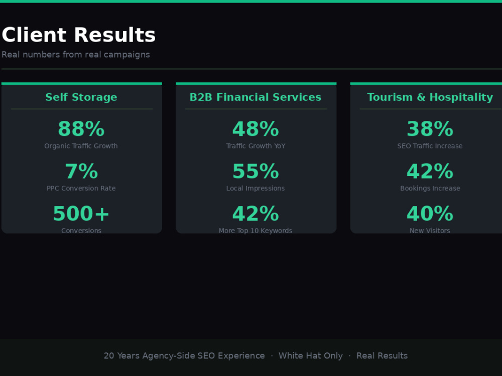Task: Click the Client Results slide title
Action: click(x=78, y=35)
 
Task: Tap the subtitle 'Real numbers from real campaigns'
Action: click(x=76, y=55)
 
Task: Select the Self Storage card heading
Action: click(x=81, y=97)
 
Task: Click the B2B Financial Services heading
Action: click(x=256, y=97)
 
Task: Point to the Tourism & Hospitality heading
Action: click(x=430, y=97)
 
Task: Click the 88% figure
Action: click(x=81, y=129)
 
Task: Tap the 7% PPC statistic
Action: click(x=81, y=171)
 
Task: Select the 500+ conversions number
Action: click(x=81, y=214)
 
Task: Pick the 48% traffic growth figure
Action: click(x=256, y=129)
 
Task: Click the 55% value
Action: click(x=256, y=171)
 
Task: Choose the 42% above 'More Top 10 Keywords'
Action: click(x=256, y=214)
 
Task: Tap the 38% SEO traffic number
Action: click(x=430, y=129)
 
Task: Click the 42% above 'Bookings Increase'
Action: click(x=430, y=171)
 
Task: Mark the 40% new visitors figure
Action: click(x=430, y=214)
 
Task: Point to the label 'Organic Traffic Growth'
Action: click(x=81, y=146)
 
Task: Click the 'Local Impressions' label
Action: click(x=256, y=189)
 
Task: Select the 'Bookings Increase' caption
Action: click(x=430, y=189)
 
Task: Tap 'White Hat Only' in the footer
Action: click(x=311, y=356)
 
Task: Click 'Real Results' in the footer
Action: click(x=382, y=356)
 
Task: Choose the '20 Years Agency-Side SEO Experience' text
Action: click(x=184, y=356)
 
